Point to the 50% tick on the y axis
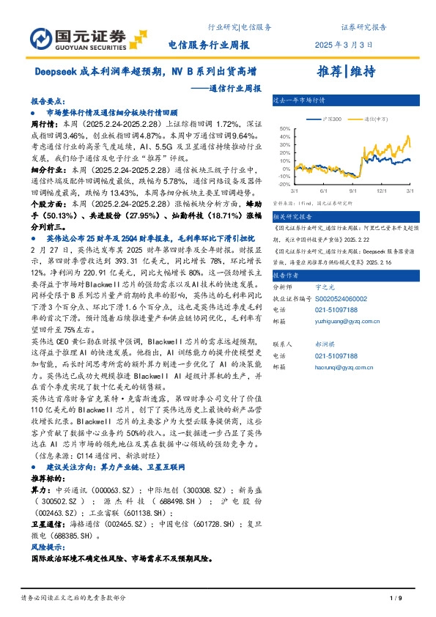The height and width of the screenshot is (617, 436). coord(285,127)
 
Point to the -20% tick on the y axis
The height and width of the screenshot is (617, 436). coord(284,185)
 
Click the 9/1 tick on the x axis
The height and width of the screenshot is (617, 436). coord(353,191)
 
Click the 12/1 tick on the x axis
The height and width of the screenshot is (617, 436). coord(381,191)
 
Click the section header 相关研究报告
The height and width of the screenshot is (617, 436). coord(294,218)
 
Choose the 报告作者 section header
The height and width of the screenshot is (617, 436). coord(288,275)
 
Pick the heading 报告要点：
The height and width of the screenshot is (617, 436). coord(48,103)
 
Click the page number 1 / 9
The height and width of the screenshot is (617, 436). coord(396,599)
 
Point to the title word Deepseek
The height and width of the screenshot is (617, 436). coord(56,73)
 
